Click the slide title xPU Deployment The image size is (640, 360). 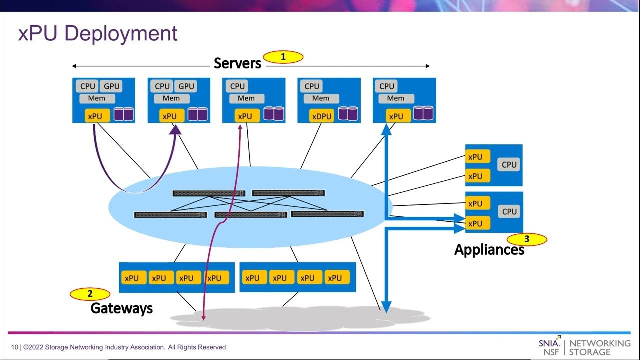(98, 34)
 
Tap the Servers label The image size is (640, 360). (237, 63)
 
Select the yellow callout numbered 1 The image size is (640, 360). (283, 57)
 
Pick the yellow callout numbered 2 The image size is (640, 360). (90, 294)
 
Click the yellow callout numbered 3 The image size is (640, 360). (527, 239)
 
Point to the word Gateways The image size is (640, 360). (121, 308)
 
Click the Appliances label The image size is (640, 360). (489, 249)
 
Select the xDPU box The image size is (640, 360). (321, 116)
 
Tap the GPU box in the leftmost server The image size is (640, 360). (111, 86)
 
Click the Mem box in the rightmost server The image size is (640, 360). (395, 98)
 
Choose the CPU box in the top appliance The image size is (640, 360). (509, 165)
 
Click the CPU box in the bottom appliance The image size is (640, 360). (509, 211)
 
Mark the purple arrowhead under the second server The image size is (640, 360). (176, 129)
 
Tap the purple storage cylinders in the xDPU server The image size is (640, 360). (348, 114)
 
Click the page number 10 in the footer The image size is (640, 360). (15, 347)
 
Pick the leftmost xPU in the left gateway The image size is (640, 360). (131, 278)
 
